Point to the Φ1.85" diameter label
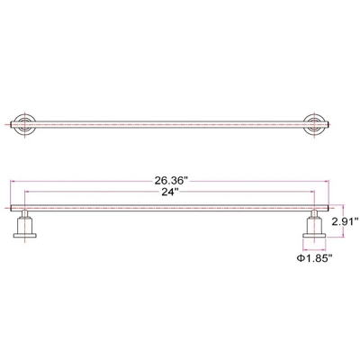[x=315, y=259]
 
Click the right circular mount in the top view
[x=315, y=123]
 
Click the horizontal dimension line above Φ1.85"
[x=314, y=247]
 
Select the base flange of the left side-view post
[x=25, y=237]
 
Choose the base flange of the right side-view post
[x=314, y=237]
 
